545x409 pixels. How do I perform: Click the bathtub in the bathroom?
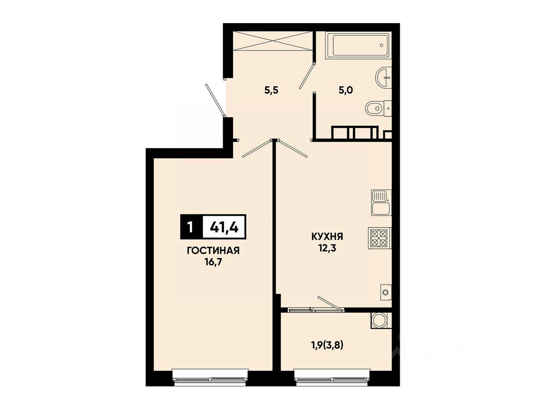point(358,45)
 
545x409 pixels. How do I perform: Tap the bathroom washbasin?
point(384,77)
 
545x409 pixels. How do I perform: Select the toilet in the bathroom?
point(378,109)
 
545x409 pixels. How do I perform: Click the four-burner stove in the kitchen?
point(380,239)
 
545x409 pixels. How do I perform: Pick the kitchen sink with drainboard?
point(381,202)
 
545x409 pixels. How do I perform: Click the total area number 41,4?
point(224,227)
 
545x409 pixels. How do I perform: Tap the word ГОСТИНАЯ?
point(213,251)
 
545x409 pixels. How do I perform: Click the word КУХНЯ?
point(327,237)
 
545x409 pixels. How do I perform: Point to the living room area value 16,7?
point(213,262)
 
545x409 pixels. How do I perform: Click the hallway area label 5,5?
point(272,90)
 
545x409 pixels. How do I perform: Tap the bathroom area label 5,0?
point(346,90)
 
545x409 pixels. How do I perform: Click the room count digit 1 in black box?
point(190,227)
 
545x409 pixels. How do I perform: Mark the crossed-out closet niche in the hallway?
point(272,41)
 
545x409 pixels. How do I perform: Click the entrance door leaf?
point(215,100)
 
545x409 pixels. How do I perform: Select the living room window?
point(210,381)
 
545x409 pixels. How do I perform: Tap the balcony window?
point(332,381)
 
